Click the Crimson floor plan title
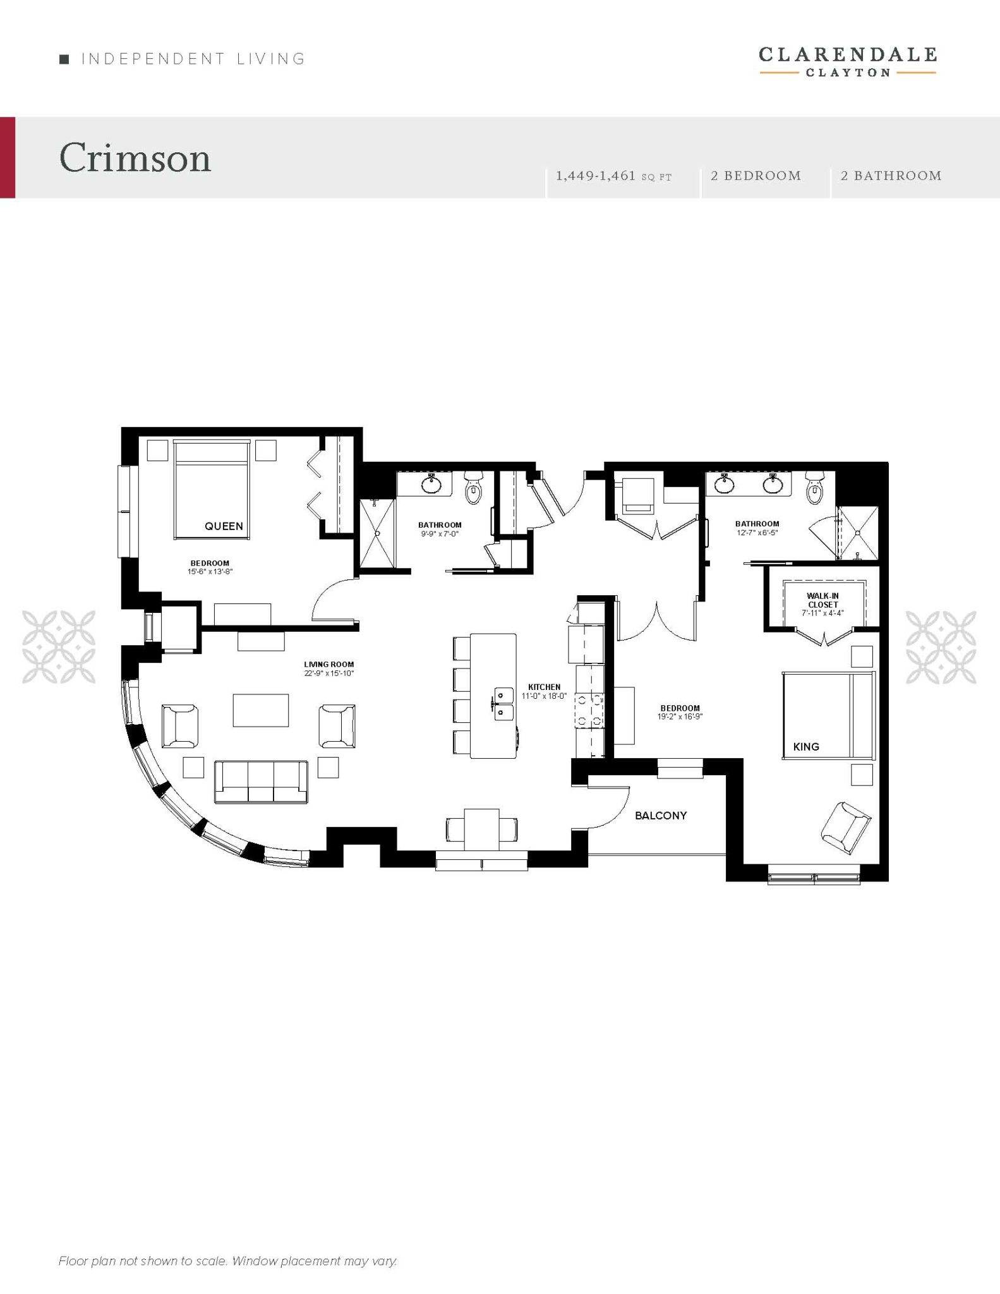135,157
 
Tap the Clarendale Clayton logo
847,61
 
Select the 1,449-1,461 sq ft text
613,176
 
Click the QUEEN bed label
224,526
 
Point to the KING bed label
806,747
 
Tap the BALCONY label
661,816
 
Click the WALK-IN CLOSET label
822,600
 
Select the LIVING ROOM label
329,664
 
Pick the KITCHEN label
545,687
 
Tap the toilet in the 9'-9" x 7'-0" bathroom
473,487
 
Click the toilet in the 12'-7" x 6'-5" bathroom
815,487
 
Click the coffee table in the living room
261,710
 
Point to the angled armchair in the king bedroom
846,824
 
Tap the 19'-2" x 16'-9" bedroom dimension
680,717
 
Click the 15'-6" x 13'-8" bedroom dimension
210,572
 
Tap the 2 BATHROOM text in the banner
891,176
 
